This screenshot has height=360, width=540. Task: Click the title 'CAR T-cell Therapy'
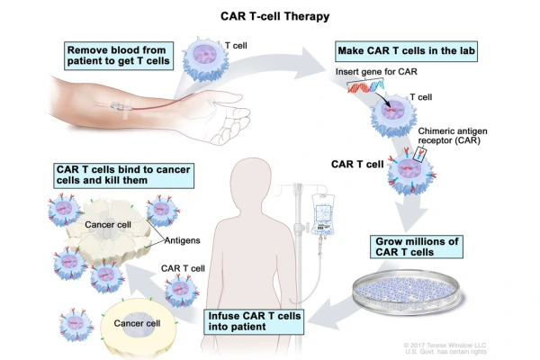coord(270,15)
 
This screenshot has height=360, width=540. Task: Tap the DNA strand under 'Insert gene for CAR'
coord(366,88)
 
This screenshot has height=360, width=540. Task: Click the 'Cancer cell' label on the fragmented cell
coord(108,222)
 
